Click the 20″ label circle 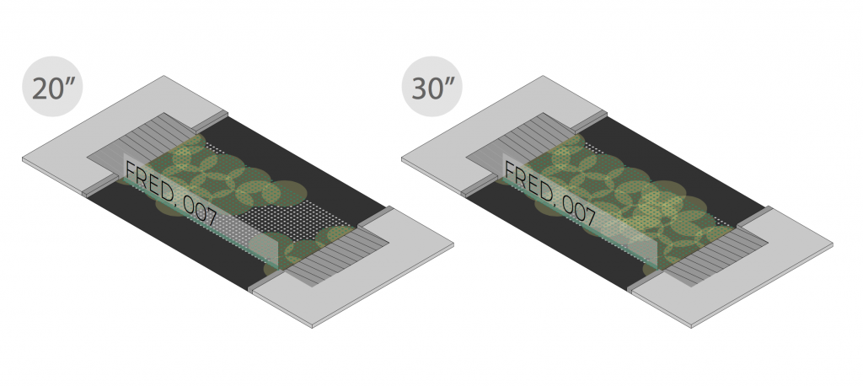[x=52, y=88]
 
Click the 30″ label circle [x=431, y=88]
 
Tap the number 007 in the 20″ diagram [x=204, y=214]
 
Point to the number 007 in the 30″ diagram [x=583, y=214]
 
